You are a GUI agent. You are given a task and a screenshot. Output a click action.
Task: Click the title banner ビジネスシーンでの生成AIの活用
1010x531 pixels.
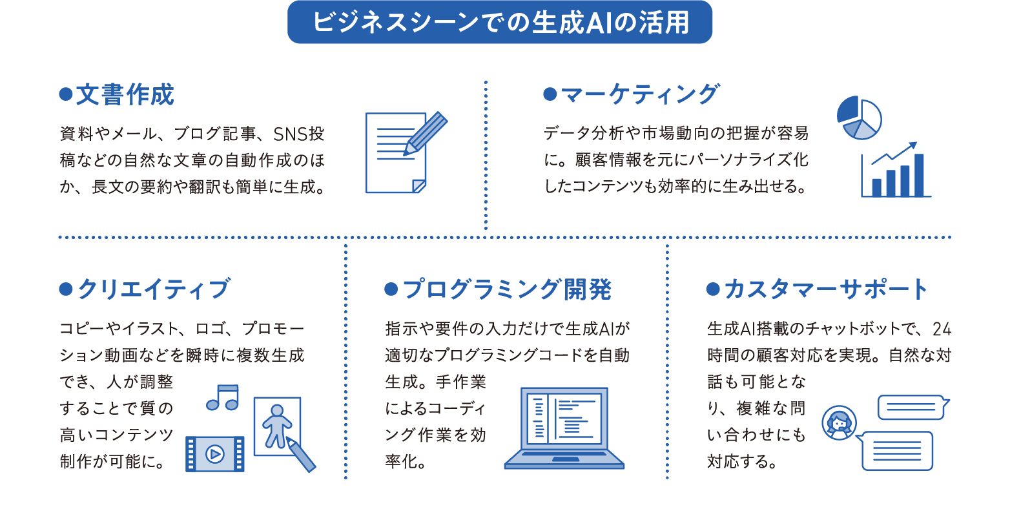click(x=500, y=23)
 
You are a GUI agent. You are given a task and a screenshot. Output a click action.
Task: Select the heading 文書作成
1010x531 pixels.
click(x=125, y=95)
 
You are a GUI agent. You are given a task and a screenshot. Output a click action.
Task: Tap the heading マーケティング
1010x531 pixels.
click(x=639, y=94)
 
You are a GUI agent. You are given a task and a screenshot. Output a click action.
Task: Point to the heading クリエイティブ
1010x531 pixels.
click(x=153, y=289)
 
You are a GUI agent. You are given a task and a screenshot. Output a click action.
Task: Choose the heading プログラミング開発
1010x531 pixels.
click(x=506, y=289)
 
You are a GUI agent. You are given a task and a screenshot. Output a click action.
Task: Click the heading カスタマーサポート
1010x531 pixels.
click(x=825, y=289)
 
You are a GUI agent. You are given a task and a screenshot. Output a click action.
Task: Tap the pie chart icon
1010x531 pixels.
click(x=859, y=118)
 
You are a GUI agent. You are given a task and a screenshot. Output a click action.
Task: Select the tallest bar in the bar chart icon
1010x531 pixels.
click(x=918, y=174)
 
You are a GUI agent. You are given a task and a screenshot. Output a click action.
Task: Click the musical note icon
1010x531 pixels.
click(x=223, y=397)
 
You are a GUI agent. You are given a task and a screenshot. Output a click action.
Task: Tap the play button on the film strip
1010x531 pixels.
click(x=215, y=454)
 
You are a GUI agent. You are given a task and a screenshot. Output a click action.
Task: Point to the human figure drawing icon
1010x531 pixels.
click(x=277, y=425)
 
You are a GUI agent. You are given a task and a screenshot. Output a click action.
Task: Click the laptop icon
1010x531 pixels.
click(x=564, y=426)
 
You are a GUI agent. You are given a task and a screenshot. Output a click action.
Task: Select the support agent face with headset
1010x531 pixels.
click(x=839, y=423)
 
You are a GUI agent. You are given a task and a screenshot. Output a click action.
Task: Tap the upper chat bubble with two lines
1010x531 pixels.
click(x=912, y=407)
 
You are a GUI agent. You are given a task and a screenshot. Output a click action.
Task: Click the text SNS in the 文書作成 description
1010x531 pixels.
click(x=290, y=134)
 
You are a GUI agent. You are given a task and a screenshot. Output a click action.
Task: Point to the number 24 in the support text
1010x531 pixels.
click(x=942, y=329)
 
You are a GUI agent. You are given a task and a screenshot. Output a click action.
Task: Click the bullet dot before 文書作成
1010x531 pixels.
click(x=65, y=94)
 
